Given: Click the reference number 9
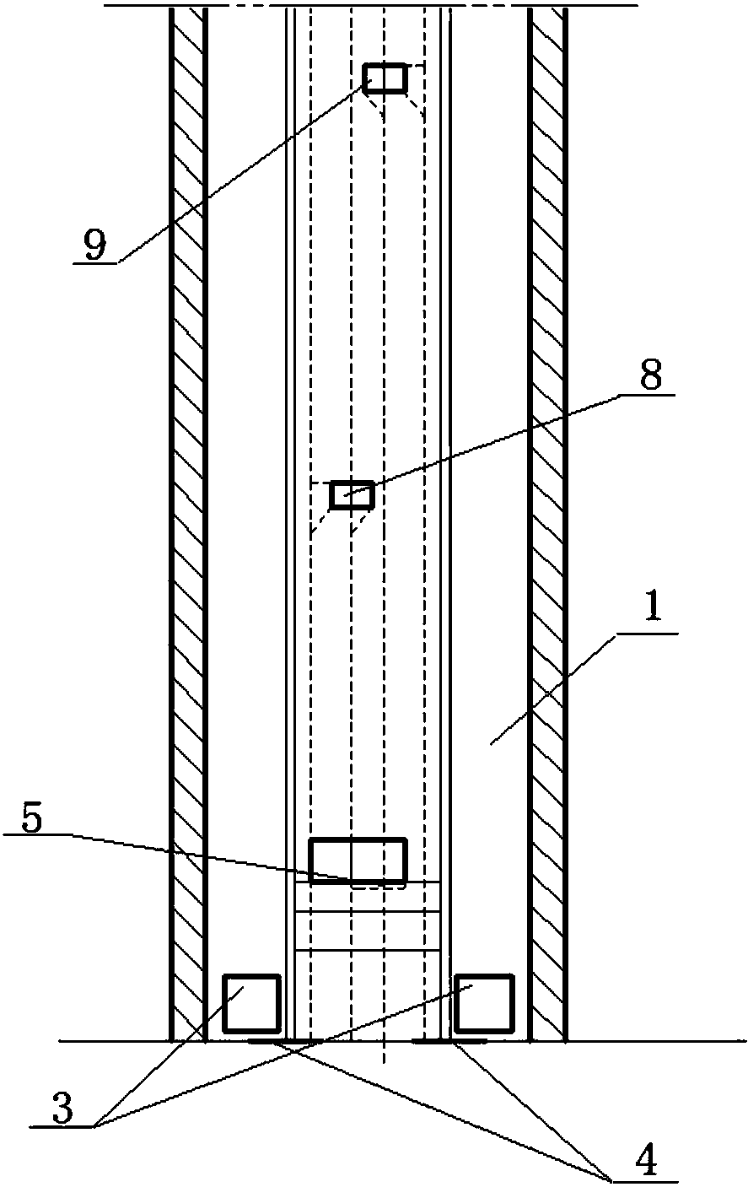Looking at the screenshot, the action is (95, 245).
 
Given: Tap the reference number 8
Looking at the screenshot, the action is (650, 377).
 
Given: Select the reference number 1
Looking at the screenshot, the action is (654, 609).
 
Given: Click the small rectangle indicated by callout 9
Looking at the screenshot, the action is (385, 78).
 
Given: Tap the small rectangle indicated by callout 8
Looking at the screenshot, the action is (352, 495).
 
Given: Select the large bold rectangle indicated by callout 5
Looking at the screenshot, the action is (358, 861).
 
